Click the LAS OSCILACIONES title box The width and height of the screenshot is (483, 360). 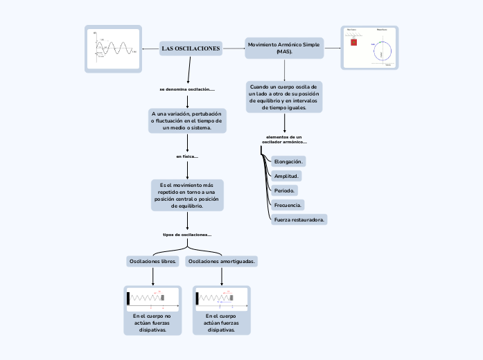191,48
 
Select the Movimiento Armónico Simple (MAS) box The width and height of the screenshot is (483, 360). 284,48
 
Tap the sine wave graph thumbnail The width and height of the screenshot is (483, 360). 113,49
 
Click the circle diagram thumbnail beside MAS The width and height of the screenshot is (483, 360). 370,48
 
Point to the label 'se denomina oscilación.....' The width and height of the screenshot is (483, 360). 187,89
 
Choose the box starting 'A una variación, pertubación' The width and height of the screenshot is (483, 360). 187,120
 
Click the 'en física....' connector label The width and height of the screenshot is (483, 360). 187,156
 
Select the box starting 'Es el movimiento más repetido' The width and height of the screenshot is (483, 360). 187,195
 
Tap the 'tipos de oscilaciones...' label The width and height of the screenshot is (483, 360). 187,235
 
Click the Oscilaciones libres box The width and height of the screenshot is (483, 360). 152,261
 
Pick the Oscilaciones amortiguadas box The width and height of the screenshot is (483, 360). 222,261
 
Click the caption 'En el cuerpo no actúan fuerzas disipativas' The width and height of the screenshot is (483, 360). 152,323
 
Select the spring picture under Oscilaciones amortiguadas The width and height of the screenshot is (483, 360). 222,298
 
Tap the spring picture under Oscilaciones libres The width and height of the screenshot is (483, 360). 152,298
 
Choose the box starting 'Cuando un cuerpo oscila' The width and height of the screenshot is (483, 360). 284,97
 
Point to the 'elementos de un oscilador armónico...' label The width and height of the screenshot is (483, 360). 284,139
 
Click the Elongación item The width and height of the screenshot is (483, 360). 288,161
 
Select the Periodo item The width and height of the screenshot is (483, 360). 285,190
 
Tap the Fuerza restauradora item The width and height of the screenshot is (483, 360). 299,219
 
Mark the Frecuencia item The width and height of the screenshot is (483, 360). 288,205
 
